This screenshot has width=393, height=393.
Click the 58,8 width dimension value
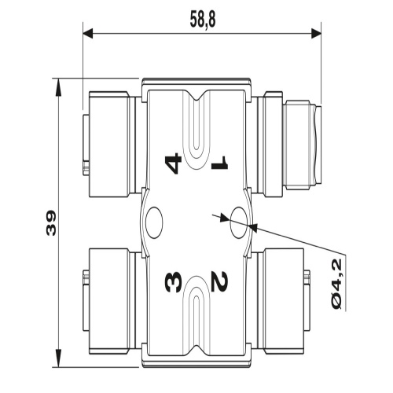tap(203, 19)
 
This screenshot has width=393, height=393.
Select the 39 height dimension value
tap(51, 223)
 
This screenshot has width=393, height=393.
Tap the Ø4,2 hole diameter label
tap(336, 284)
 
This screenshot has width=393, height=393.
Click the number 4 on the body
tap(173, 163)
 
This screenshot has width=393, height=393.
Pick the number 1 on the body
tap(220, 162)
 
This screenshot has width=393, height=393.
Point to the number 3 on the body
tap(173, 281)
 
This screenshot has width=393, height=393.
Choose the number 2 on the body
tap(220, 281)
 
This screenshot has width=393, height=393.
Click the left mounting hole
tap(154, 222)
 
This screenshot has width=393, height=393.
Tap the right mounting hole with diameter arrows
tap(238, 222)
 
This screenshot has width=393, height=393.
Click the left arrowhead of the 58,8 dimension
tap(88, 34)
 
